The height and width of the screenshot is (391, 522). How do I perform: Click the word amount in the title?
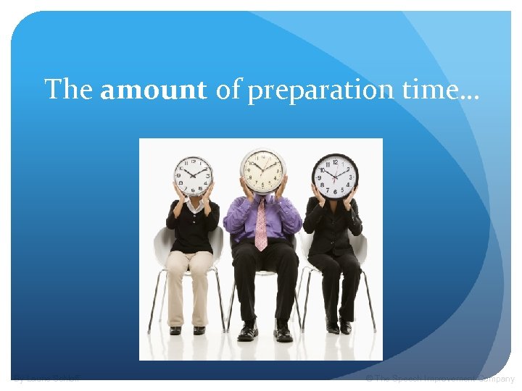154,91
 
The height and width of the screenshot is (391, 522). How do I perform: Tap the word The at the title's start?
68,91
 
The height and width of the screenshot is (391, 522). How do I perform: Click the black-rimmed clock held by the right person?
334,177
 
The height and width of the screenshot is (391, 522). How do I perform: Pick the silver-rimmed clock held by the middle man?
263,171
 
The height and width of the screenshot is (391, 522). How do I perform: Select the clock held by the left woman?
193,176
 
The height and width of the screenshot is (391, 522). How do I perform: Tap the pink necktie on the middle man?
261,225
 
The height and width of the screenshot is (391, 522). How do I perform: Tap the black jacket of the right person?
333,224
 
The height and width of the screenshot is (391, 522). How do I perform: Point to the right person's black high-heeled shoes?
339,328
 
